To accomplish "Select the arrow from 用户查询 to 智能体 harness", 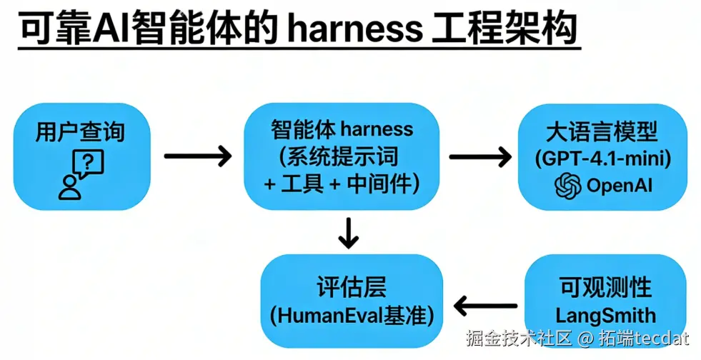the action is pyautogui.click(x=198, y=155).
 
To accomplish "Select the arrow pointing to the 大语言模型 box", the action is pyautogui.click(x=480, y=155).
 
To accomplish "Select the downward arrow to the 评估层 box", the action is pyautogui.click(x=348, y=232).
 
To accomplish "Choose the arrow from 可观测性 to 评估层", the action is pyautogui.click(x=485, y=306).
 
